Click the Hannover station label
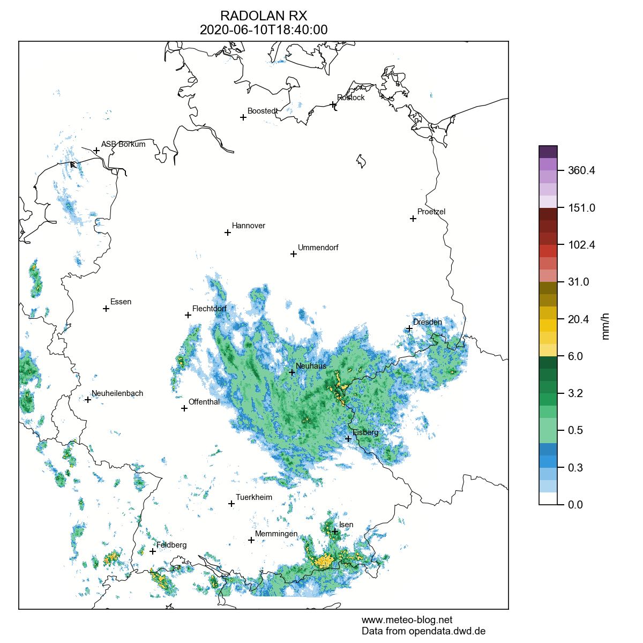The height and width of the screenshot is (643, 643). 249,226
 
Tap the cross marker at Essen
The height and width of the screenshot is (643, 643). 106,309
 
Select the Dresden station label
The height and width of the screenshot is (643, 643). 428,322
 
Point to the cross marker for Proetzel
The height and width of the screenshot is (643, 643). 413,219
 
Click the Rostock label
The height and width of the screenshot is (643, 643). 351,98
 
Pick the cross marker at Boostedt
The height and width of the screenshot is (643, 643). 243,117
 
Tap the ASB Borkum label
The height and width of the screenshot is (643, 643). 123,144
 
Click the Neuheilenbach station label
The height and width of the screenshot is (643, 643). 117,393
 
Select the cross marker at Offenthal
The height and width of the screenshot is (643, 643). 184,408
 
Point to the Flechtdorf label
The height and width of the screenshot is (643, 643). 210,309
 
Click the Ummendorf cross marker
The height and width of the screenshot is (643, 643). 294,254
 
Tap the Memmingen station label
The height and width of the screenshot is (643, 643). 276,534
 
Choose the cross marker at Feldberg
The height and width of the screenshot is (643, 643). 153,551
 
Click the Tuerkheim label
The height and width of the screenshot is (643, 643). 254,497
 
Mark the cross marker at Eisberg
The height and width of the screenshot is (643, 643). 348,439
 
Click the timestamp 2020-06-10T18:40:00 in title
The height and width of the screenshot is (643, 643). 264,30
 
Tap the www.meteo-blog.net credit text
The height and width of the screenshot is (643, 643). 407,620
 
